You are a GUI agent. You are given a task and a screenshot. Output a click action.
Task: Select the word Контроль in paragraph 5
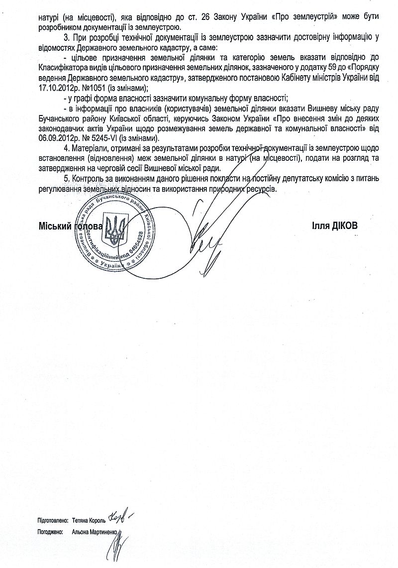[87, 179]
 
